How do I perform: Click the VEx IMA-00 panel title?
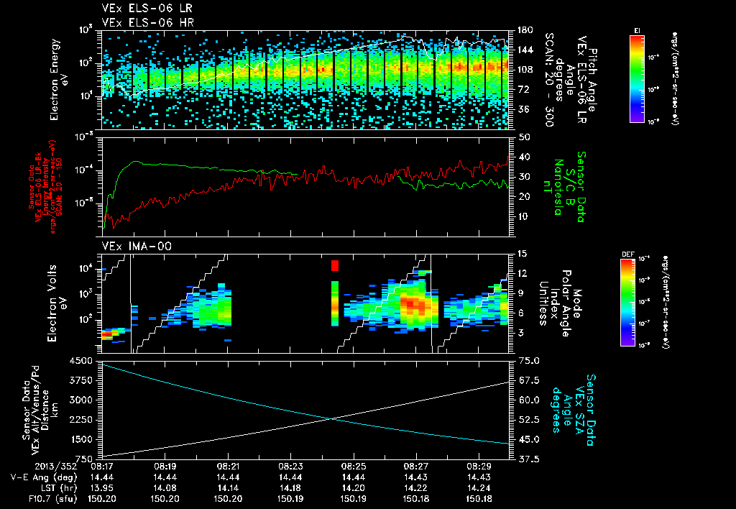[x=131, y=246]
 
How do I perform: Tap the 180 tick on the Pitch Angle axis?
[x=523, y=30]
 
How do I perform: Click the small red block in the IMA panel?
[x=335, y=266]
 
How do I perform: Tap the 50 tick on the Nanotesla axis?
[x=523, y=137]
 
